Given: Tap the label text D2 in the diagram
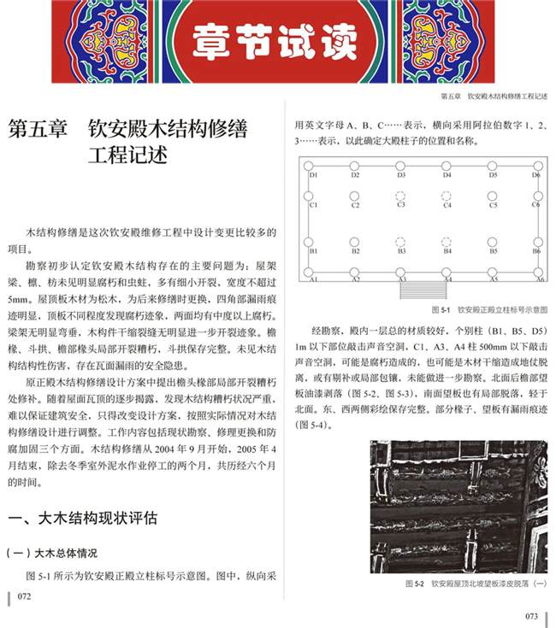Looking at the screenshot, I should point(354,175).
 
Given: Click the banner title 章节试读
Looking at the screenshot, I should point(277,38).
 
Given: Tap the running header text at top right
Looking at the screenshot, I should point(493,97).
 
